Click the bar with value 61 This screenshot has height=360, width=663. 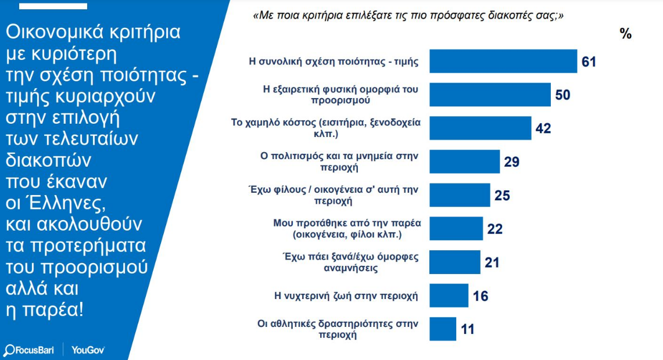(x=503, y=61)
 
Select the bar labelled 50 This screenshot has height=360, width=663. (x=490, y=95)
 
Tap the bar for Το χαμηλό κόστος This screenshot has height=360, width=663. (x=480, y=128)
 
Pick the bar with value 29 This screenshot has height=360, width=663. (x=464, y=161)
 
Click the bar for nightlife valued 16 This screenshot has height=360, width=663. (x=449, y=296)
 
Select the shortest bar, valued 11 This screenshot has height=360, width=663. (x=443, y=329)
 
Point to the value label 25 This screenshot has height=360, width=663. (x=502, y=196)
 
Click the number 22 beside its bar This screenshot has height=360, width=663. (x=494, y=229)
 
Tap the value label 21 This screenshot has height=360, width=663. (x=492, y=262)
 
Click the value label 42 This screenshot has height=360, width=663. (x=543, y=128)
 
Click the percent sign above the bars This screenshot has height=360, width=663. (x=625, y=34)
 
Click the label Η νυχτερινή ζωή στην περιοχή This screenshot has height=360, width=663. (x=346, y=296)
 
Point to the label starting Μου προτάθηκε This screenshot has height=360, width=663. (x=347, y=229)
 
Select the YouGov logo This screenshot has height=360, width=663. (x=88, y=350)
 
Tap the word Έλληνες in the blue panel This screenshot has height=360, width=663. (x=73, y=204)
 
